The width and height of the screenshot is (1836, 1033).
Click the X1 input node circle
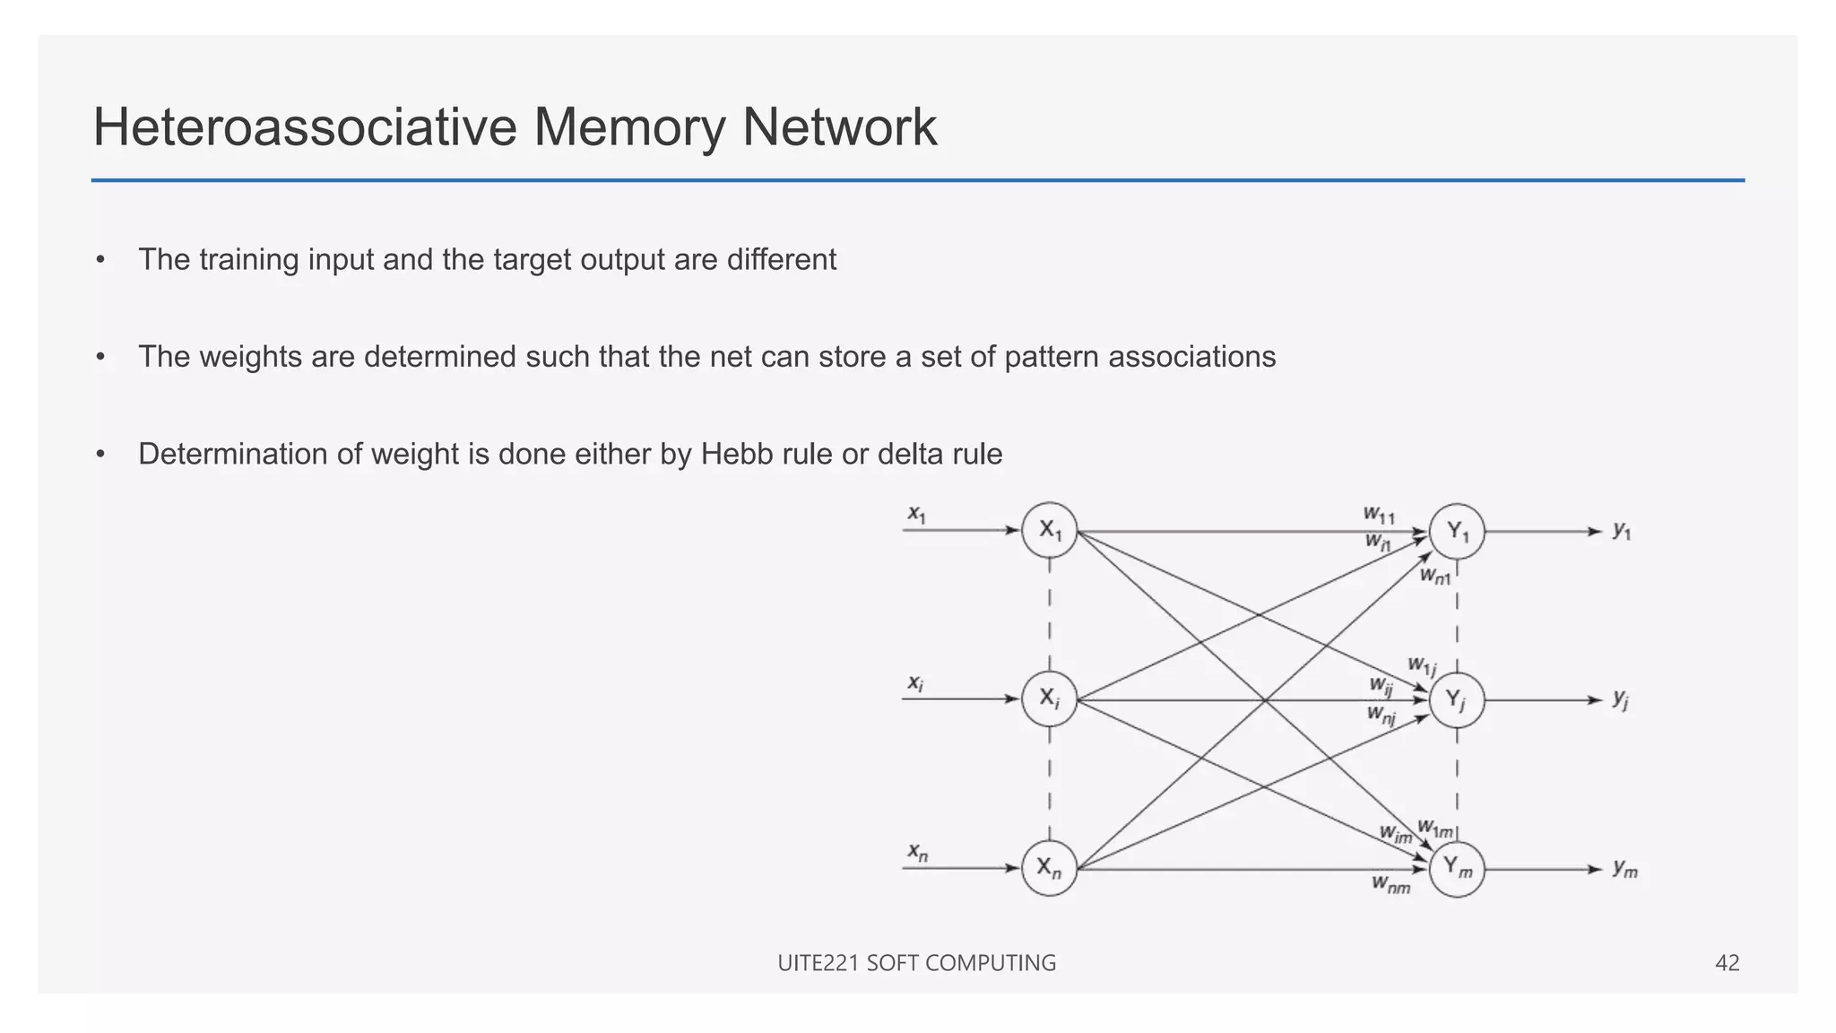pos(1049,530)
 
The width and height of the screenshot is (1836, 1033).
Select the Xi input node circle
pos(1049,699)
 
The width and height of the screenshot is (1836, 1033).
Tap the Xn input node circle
pos(1049,868)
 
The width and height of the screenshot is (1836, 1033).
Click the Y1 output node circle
pos(1457,532)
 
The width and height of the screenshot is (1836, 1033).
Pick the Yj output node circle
pos(1457,700)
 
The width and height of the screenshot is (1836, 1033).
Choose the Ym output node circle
pos(1457,869)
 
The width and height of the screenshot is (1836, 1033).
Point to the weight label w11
pos(1379,515)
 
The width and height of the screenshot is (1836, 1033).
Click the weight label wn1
pos(1434,576)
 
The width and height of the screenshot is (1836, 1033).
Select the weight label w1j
pos(1422,666)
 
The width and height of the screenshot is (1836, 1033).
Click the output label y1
pos(1622,531)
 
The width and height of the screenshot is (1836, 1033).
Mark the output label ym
pos(1624,868)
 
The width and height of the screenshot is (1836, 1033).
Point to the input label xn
pos(917,851)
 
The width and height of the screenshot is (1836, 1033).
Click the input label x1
pos(916,514)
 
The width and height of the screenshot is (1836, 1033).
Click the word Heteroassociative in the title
pos(305,126)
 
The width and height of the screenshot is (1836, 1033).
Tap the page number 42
pos(1727,963)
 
